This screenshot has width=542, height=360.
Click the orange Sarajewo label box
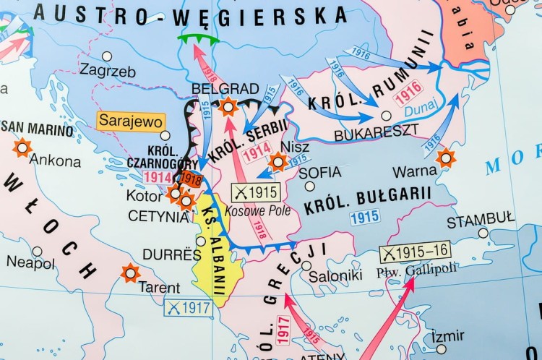(x=131, y=121)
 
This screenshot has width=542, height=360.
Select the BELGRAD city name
(x=215, y=88)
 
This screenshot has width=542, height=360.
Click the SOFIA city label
(x=319, y=172)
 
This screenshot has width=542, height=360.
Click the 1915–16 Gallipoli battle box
(x=415, y=254)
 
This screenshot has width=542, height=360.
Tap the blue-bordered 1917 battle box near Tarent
(x=188, y=307)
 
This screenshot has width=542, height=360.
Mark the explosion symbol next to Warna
(x=446, y=158)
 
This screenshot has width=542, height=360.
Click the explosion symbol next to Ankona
(x=22, y=147)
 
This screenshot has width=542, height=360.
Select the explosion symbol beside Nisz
(x=278, y=162)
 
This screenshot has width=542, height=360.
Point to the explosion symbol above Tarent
(x=130, y=273)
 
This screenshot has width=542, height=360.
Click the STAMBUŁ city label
(x=481, y=219)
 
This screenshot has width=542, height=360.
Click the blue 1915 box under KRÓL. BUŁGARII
(x=364, y=217)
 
